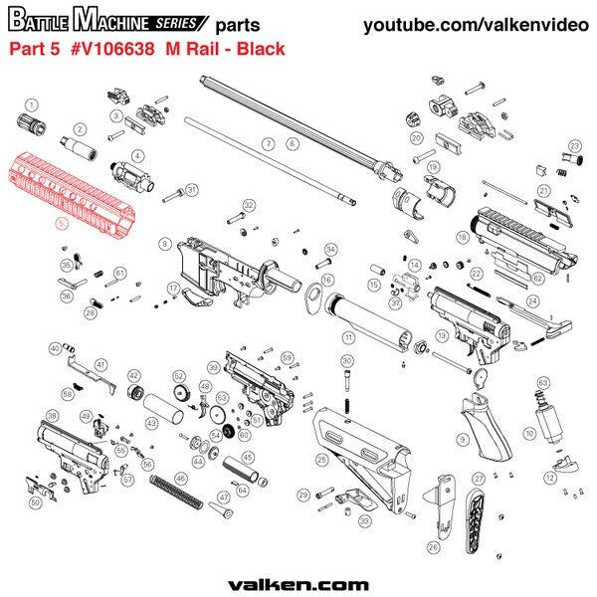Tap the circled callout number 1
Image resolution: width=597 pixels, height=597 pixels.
[x=31, y=103]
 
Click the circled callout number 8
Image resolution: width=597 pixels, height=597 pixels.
[x=165, y=243]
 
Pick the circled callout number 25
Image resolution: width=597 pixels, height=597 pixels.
[x=321, y=460]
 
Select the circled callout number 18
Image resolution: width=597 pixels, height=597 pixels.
[x=462, y=238]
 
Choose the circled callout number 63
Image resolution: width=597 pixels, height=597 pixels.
[x=543, y=382]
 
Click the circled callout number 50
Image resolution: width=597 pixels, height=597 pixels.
[x=35, y=503]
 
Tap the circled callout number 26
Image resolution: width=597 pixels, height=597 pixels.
[x=432, y=546]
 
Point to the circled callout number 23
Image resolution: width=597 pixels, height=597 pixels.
[x=574, y=146]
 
